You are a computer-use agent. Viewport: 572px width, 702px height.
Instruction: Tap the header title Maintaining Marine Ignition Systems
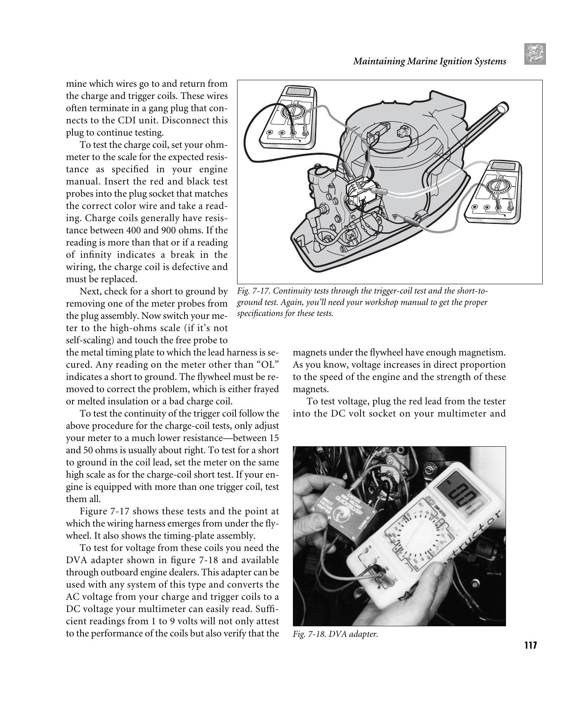pyautogui.click(x=429, y=61)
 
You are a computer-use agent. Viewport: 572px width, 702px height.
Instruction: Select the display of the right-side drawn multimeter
pyautogui.click(x=505, y=166)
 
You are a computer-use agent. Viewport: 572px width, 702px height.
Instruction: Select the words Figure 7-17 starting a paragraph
pyautogui.click(x=104, y=511)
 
